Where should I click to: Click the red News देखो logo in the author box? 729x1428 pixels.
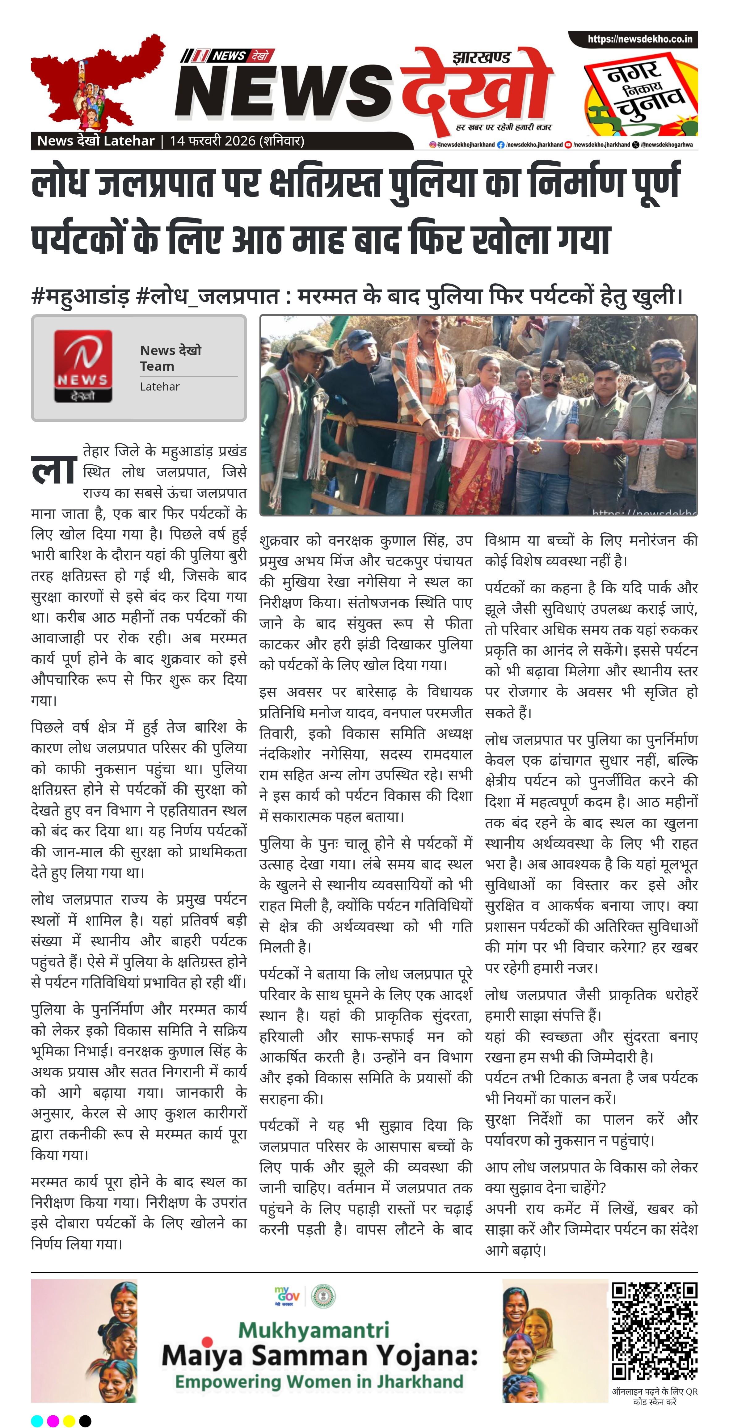[x=83, y=366]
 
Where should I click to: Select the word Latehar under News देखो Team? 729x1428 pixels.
[x=160, y=387]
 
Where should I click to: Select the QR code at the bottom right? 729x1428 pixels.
[x=654, y=1330]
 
